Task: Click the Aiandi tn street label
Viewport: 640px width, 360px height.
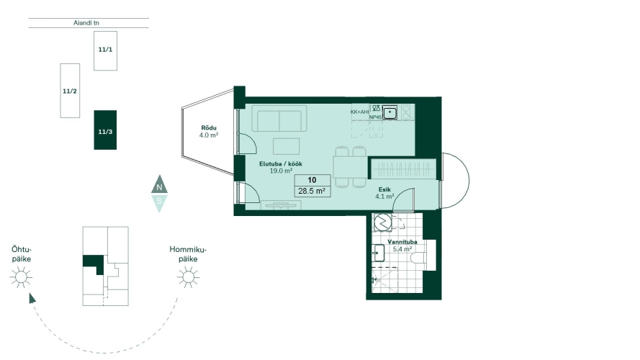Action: tap(86, 23)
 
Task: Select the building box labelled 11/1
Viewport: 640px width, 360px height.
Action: tap(105, 50)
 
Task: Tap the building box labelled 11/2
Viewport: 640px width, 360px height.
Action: tap(70, 91)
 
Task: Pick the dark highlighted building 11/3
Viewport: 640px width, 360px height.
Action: tap(105, 130)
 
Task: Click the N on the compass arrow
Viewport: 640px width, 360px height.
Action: tap(159, 187)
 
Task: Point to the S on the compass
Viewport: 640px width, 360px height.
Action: tap(159, 201)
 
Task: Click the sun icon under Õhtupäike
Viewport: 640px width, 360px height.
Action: tap(21, 277)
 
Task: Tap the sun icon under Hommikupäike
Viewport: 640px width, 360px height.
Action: tap(188, 277)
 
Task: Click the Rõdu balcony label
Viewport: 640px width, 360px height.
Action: tap(209, 127)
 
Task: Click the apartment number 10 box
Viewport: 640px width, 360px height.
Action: tap(312, 180)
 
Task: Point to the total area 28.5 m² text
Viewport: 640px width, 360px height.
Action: tap(312, 191)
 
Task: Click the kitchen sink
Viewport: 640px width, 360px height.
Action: tap(389, 112)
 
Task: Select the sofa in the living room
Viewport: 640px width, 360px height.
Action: tap(279, 118)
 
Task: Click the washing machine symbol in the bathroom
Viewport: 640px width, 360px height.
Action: tap(383, 222)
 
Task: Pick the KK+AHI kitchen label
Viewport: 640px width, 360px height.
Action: tap(359, 112)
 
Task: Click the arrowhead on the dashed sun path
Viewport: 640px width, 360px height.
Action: tap(32, 298)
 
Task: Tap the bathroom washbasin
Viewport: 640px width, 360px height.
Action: tap(379, 253)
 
